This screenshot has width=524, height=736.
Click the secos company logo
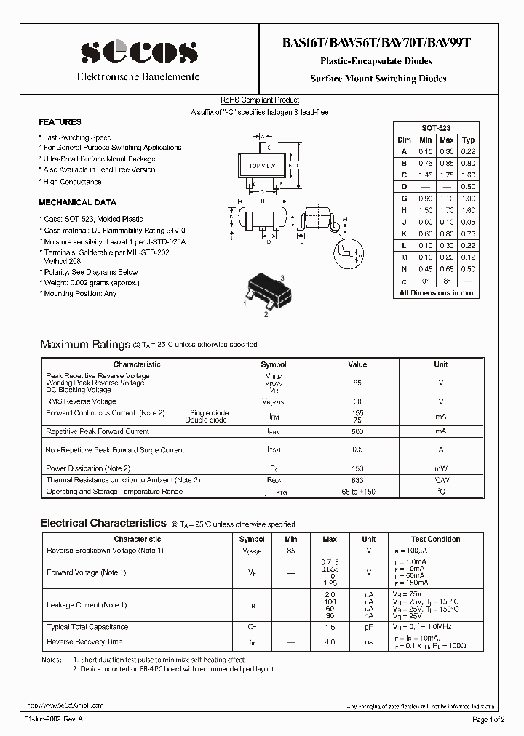[138, 52]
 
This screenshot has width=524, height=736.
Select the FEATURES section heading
[60, 122]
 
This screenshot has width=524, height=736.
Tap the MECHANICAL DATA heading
[77, 202]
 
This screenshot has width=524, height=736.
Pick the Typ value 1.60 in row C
[469, 175]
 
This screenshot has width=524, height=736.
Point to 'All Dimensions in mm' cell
[436, 293]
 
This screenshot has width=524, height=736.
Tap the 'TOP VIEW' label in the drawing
[262, 167]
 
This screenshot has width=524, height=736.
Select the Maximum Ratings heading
[84, 344]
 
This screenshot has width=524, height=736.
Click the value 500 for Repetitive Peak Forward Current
[357, 431]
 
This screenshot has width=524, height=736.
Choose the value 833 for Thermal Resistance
[357, 480]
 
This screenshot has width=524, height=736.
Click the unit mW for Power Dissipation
[441, 468]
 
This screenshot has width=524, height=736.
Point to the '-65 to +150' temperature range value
[357, 492]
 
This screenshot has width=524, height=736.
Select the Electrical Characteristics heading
[103, 523]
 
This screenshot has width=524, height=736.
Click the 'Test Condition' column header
[435, 540]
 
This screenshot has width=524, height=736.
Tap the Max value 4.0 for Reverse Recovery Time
[329, 642]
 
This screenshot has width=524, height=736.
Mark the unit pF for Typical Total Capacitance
[369, 627]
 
